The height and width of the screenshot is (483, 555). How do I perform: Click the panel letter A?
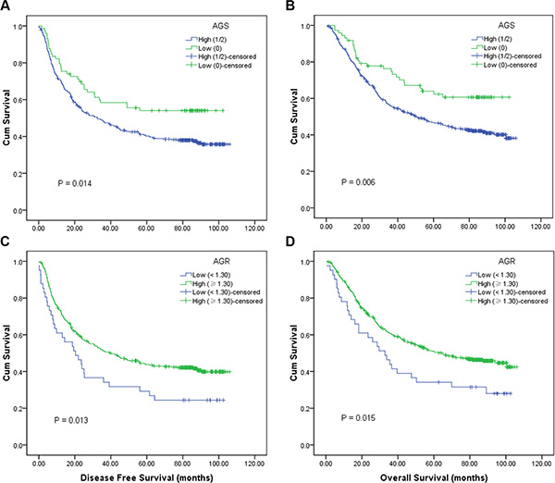coord(6,6)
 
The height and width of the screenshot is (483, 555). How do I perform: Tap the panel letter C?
coord(6,244)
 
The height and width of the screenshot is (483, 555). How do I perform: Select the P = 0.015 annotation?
coord(355,421)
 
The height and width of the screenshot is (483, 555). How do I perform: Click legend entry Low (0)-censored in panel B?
coord(507,64)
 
